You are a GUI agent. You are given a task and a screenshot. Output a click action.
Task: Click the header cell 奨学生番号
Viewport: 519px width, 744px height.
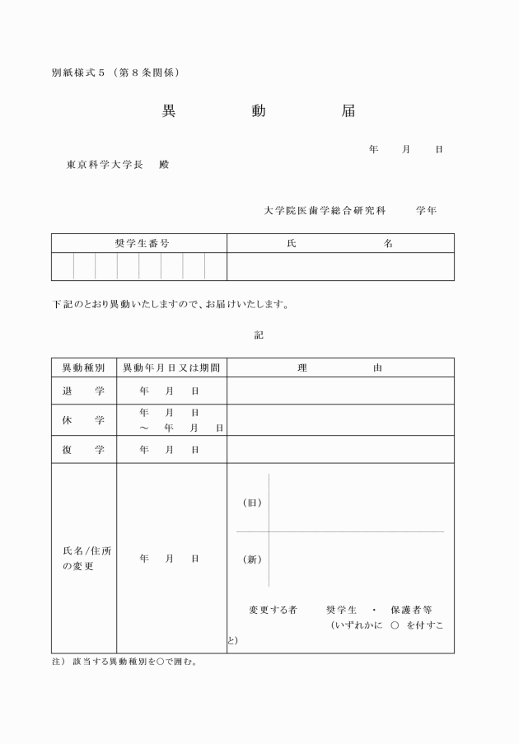(138, 243)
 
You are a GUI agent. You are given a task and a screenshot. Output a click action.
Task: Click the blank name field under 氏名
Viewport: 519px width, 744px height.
(340, 266)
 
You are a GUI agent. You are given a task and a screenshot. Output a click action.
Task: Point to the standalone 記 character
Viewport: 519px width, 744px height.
(259, 335)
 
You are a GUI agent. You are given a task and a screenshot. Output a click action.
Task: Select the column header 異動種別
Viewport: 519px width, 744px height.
(83, 367)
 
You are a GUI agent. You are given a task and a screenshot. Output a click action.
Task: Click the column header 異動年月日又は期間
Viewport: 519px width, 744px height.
(171, 367)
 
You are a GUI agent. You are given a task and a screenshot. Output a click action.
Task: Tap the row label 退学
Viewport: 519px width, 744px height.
(83, 391)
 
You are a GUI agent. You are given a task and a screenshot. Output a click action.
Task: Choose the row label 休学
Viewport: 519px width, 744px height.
(83, 420)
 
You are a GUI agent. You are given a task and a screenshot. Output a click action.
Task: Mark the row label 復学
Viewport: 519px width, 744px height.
(83, 450)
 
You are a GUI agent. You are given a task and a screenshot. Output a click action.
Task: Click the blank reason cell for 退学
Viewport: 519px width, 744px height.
(340, 391)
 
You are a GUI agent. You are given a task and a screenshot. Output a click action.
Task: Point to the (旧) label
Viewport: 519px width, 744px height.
(252, 503)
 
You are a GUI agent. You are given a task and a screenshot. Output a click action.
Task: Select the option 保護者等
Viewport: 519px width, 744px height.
(418, 610)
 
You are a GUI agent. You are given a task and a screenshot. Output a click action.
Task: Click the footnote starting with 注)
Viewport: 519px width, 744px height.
(124, 662)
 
